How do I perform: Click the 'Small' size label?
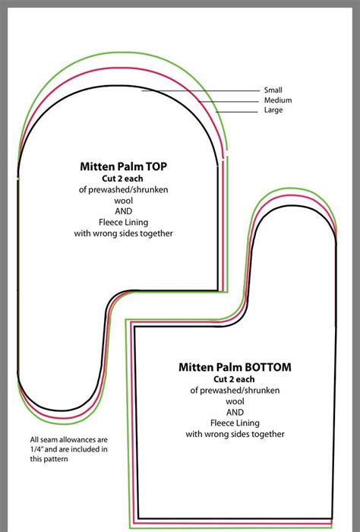[x=273, y=90]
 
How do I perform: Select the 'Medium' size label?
[x=277, y=100]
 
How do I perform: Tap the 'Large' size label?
[x=273, y=111]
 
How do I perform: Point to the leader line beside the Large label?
[x=239, y=112]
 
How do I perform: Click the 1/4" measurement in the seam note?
[x=37, y=450]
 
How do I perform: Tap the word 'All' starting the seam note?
[x=34, y=440]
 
